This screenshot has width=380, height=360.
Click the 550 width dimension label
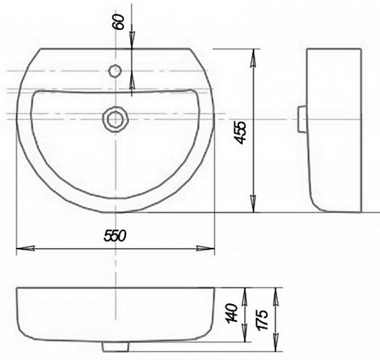(x=115, y=236)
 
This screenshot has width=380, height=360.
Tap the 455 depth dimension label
(x=241, y=132)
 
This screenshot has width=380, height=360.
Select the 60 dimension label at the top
(x=119, y=22)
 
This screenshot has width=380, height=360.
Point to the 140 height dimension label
(x=232, y=313)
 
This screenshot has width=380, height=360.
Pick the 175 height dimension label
(x=262, y=320)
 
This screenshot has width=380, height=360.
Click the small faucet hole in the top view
(x=115, y=71)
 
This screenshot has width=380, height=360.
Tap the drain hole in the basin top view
(x=115, y=120)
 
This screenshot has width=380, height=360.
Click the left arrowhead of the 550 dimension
(x=25, y=249)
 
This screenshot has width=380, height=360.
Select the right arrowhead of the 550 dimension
(x=206, y=249)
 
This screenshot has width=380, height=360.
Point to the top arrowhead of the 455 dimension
(x=253, y=58)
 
